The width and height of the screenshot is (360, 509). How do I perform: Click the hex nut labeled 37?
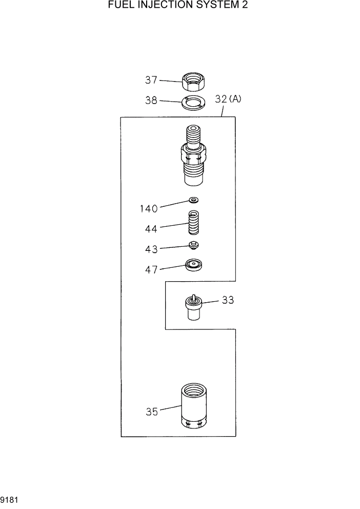click(x=193, y=81)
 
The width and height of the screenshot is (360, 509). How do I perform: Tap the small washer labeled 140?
click(x=194, y=200)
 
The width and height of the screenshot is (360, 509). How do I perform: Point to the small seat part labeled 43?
click(x=193, y=245)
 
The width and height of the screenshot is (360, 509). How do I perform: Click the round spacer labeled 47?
click(x=193, y=266)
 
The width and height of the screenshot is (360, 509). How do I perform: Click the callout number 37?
click(x=151, y=80)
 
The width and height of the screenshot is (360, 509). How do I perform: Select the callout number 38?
click(x=151, y=101)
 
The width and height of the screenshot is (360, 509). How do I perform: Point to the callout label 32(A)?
click(x=228, y=100)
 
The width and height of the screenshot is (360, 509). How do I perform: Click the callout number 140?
click(x=149, y=208)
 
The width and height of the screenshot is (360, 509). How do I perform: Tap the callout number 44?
click(x=151, y=228)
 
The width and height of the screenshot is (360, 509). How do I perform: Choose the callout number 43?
click(x=151, y=249)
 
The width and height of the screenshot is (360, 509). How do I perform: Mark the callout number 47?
click(x=151, y=269)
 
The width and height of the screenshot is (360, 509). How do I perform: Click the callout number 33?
click(x=228, y=301)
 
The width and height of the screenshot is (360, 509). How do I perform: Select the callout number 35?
click(x=152, y=412)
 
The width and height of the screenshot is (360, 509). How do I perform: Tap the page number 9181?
click(x=9, y=498)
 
